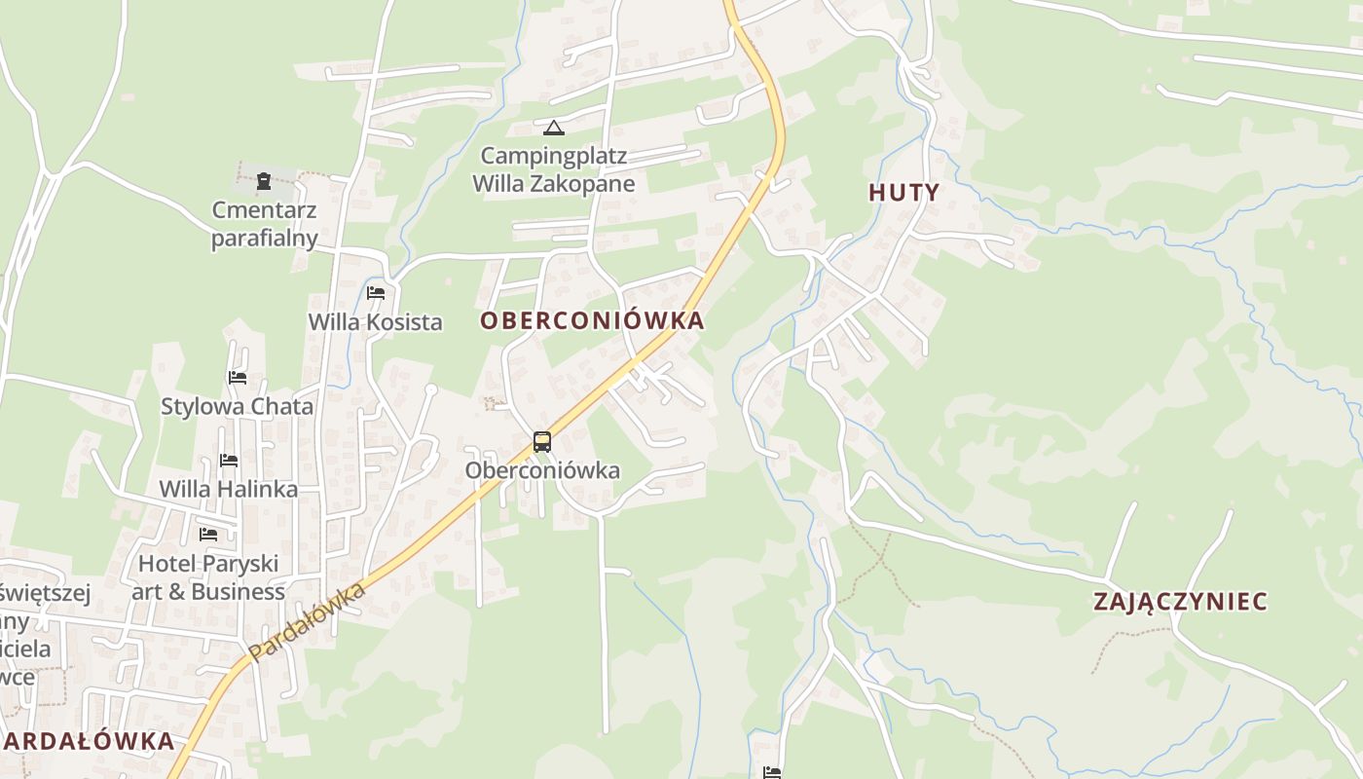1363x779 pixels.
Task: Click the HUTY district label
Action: tap(903, 192)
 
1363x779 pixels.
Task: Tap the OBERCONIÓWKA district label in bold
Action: tap(592, 320)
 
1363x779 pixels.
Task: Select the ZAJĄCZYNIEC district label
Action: tap(1180, 601)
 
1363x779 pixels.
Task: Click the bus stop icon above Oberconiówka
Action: tap(542, 442)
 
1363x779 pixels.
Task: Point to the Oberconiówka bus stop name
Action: tap(542, 470)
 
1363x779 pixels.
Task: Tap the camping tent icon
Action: tap(554, 128)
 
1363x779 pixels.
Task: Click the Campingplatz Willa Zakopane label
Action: tap(554, 169)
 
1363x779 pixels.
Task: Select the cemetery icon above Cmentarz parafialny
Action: tap(264, 180)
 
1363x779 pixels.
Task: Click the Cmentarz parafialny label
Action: tap(265, 224)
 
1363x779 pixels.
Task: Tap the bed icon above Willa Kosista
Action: tap(376, 292)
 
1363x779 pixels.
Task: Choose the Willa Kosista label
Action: tap(376, 322)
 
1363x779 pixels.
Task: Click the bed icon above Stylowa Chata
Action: tap(238, 377)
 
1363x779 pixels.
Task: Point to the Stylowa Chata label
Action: tap(238, 407)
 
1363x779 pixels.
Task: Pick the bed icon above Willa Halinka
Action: tap(229, 460)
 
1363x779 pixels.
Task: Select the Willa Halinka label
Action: tap(229, 489)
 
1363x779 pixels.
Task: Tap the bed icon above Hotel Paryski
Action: tap(208, 534)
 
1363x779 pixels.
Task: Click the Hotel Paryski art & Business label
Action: tap(208, 577)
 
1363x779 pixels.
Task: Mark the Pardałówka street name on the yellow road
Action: tap(306, 622)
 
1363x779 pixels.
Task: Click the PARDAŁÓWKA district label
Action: tap(88, 741)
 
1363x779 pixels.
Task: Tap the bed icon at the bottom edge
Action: tap(772, 773)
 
